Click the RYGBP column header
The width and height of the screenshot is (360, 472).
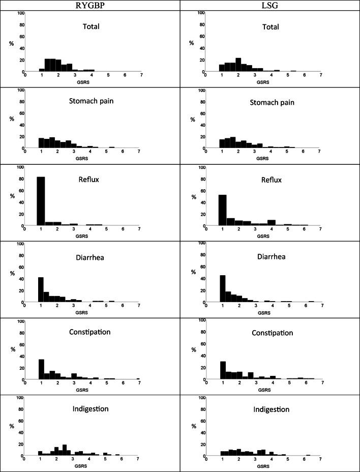click(89, 5)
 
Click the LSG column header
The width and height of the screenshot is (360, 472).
click(270, 5)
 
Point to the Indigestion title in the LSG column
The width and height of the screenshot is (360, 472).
click(272, 409)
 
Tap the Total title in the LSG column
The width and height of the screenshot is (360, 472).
click(271, 27)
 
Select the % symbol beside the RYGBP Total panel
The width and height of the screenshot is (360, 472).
click(11, 43)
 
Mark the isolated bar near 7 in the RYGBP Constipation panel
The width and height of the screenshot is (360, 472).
click(138, 378)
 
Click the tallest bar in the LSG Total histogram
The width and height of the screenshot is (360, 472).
click(238, 65)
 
